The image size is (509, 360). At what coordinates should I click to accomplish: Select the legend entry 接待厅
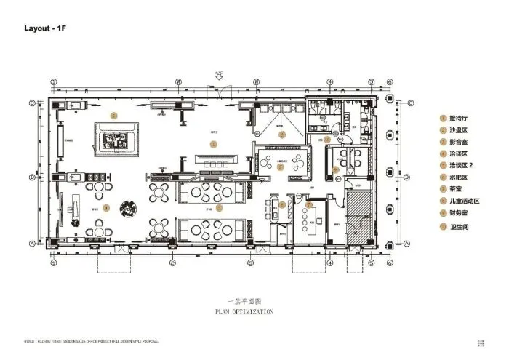[x=458, y=118]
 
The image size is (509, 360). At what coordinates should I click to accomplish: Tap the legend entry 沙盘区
[x=458, y=130]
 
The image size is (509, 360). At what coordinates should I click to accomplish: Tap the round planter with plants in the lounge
[x=131, y=207]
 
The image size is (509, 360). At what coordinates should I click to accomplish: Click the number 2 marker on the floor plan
[x=113, y=116]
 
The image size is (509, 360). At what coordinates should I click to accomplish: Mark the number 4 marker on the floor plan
[x=106, y=207]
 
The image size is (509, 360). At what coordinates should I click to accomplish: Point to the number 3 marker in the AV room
[x=283, y=134]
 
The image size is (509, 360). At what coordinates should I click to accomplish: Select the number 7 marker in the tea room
[x=309, y=204]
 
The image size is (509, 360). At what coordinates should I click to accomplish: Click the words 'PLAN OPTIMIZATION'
[x=244, y=312]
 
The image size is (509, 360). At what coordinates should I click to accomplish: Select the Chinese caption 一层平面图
[x=244, y=300]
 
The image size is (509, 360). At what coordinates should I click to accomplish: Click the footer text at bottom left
[x=87, y=340]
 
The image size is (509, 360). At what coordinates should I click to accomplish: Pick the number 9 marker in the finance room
[x=335, y=169]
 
